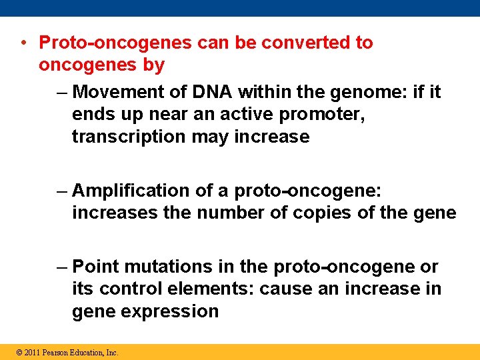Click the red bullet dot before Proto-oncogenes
(23, 43)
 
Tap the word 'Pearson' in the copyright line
(58, 352)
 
